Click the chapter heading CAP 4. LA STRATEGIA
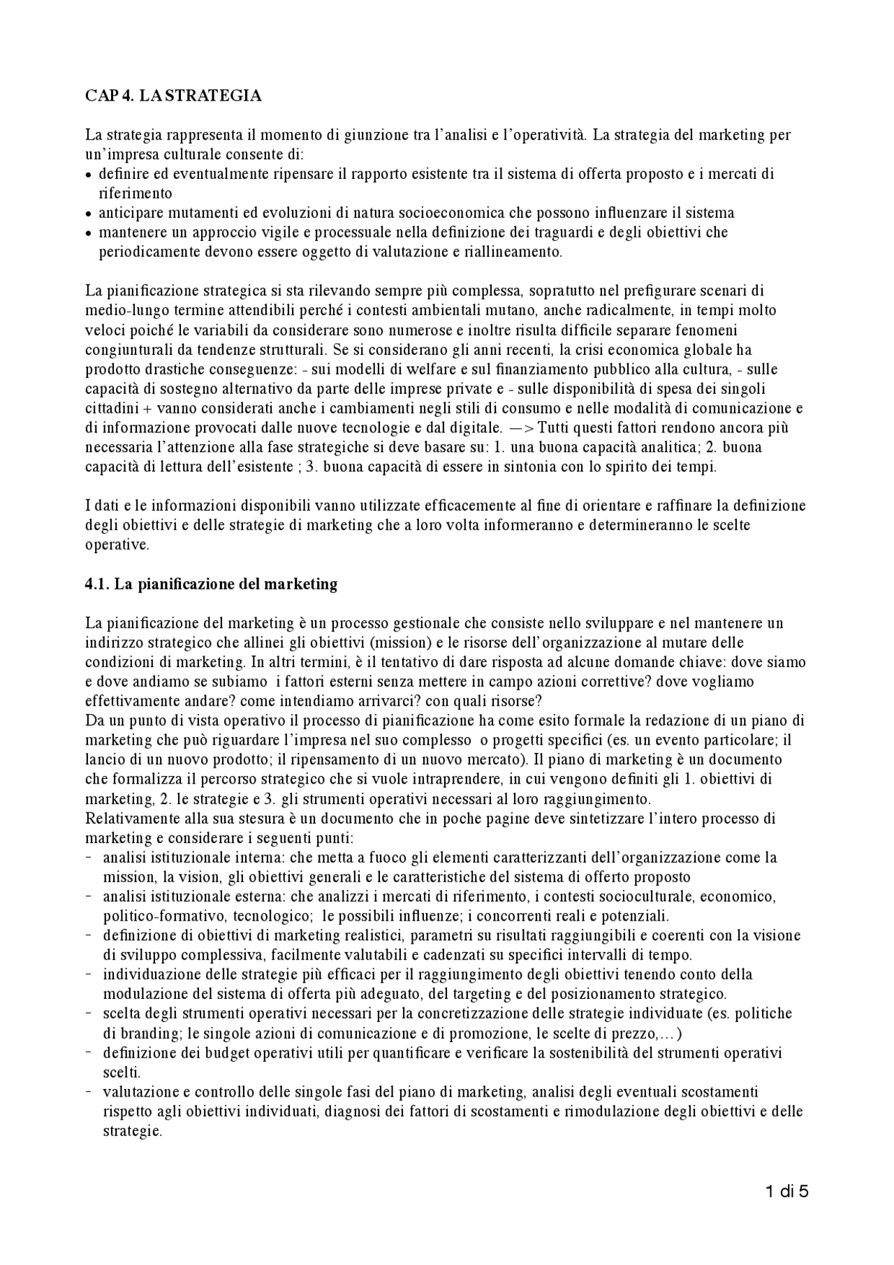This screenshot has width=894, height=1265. tap(173, 96)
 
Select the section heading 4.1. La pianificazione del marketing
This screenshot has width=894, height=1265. tap(211, 584)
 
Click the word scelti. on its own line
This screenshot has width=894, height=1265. tap(122, 1072)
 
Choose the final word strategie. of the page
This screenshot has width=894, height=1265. tap(133, 1131)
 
